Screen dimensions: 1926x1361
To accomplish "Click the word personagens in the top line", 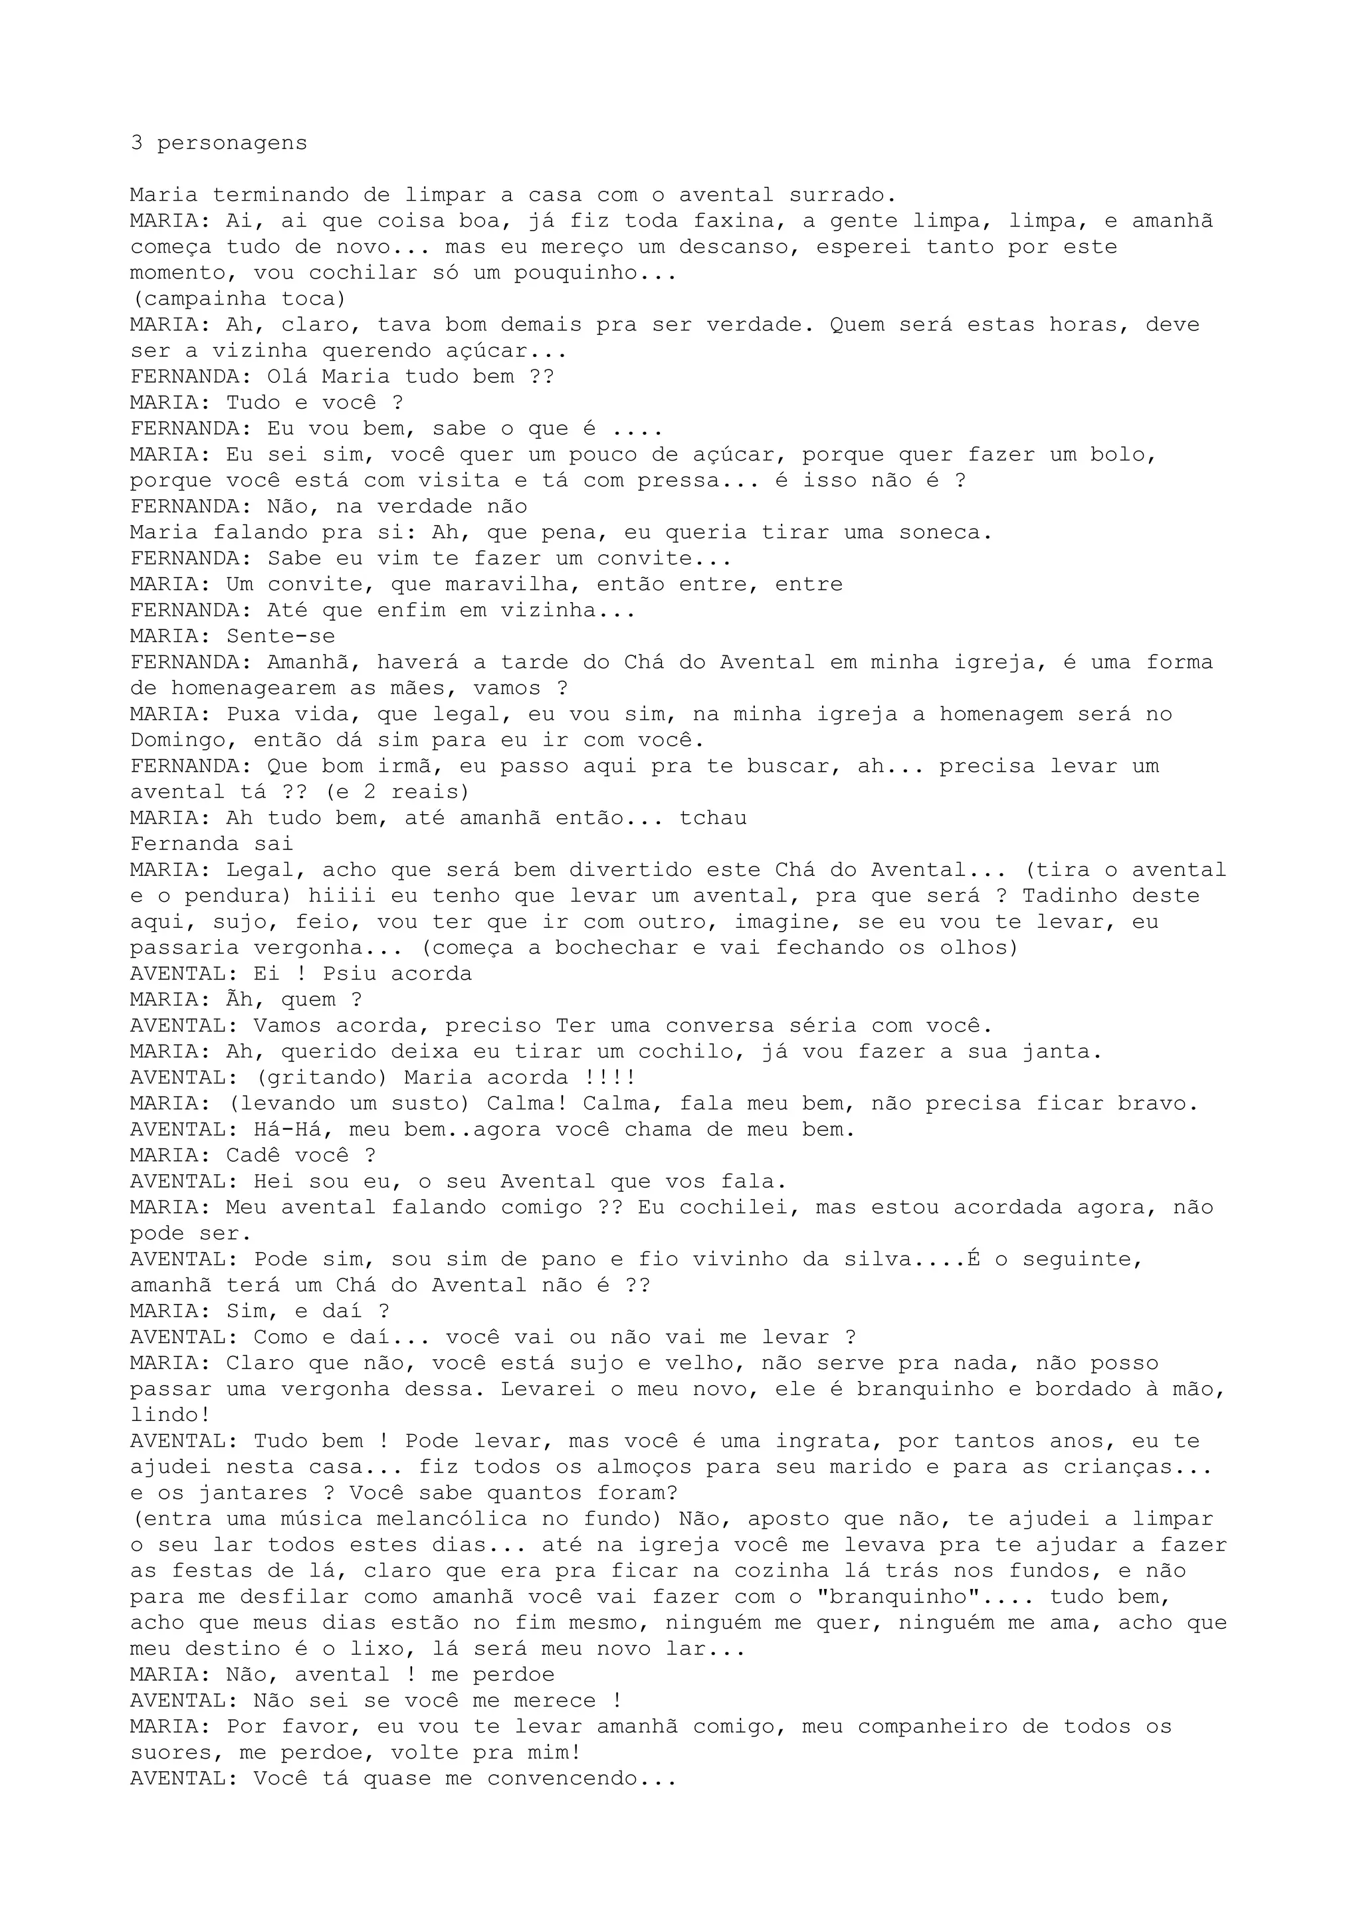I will pyautogui.click(x=233, y=144).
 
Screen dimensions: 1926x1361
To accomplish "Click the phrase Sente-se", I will pyautogui.click(x=281, y=637).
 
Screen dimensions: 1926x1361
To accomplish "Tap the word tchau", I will pyautogui.click(x=713, y=819).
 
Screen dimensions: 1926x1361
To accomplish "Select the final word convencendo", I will pyautogui.click(x=582, y=1778).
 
